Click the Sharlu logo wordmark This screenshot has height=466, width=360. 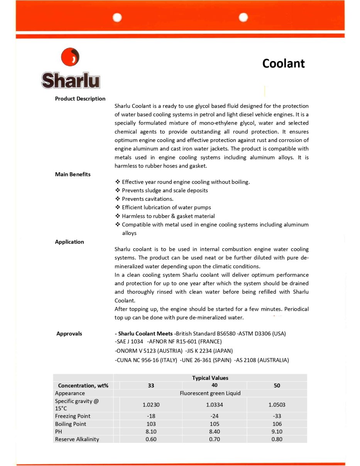point(71,80)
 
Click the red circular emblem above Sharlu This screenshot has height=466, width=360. point(70,57)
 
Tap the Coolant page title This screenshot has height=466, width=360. point(283,63)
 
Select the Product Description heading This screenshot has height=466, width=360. point(80,98)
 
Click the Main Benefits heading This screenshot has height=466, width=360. point(73,174)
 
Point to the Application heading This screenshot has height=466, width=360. point(69,242)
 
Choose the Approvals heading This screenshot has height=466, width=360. point(69,334)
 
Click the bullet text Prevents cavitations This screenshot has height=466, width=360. point(147,199)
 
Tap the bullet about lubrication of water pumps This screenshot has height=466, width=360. point(166,207)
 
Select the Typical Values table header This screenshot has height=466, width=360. point(210,378)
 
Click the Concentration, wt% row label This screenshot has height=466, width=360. point(83,385)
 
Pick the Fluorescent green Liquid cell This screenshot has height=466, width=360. point(210,393)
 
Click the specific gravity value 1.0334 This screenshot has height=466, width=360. point(215,405)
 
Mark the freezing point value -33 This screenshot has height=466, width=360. point(277,416)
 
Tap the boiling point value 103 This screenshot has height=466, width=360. point(151,424)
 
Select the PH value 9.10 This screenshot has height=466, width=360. point(277,431)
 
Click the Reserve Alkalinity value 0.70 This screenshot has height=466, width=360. point(215,439)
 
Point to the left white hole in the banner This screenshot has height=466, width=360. point(117,17)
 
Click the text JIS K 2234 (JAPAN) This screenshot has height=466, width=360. point(209,351)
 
